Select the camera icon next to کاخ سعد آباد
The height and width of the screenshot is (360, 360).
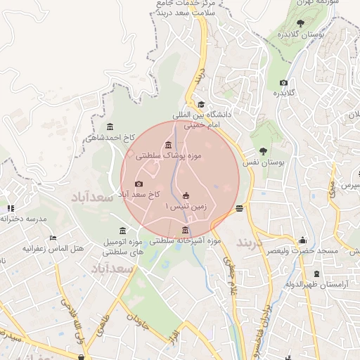pyautogui.click(x=139, y=184)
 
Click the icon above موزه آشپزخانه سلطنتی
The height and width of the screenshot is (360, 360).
pyautogui.click(x=186, y=230)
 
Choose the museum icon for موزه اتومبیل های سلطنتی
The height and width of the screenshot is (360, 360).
pyautogui.click(x=123, y=231)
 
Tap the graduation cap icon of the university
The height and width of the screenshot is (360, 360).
pyautogui.click(x=201, y=104)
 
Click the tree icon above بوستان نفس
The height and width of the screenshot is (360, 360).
pyautogui.click(x=263, y=150)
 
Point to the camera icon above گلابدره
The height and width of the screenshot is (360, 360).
pyautogui.click(x=283, y=82)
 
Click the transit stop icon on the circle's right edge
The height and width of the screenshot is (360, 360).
pyautogui.click(x=240, y=207)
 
